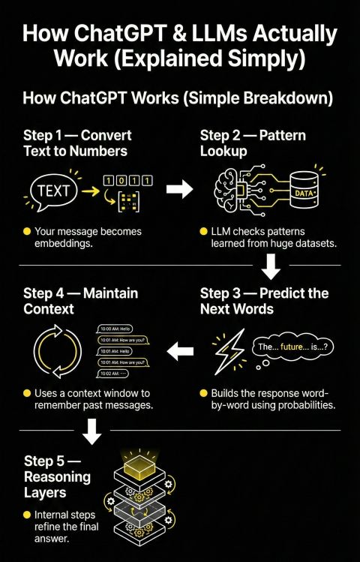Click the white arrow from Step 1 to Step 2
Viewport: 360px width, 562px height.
tap(178, 189)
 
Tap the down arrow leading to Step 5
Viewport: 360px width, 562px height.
tap(91, 431)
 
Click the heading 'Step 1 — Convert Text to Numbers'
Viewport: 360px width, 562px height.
tap(77, 143)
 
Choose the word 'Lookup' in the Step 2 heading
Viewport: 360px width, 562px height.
tap(223, 151)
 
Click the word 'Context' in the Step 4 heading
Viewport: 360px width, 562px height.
tap(50, 308)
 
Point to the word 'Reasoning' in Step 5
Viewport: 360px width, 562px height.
tap(57, 476)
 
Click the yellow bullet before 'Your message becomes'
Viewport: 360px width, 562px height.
tap(27, 231)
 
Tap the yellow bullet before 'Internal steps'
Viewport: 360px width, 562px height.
tap(27, 515)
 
